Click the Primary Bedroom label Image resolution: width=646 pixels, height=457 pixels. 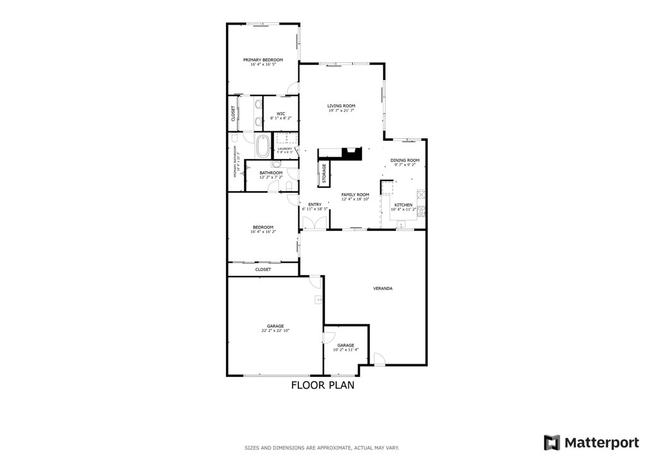pos(263,60)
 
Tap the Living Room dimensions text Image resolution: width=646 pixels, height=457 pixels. pos(341,110)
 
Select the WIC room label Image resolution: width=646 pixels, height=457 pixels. pos(281,114)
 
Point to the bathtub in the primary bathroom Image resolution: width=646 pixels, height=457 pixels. pos(262,146)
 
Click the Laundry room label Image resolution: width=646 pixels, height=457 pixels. pos(285,149)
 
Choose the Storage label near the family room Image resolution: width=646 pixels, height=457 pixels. pos(324,174)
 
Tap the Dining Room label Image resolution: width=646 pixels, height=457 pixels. pos(404,160)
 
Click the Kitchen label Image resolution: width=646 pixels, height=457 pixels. pos(403,205)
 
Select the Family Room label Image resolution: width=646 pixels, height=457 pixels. pos(355,194)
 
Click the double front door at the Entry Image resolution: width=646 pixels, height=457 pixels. pos(314,223)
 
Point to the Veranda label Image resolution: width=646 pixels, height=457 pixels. pos(383,288)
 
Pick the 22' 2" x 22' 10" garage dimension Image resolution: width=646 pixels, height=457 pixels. pos(275,331)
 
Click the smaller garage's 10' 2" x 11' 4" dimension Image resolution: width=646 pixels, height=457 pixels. pos(346,350)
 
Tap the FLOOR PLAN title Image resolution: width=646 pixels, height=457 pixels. pos(322,385)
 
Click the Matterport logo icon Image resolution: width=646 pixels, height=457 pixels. pos(552,442)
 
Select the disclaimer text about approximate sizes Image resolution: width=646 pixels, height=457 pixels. pos(322,448)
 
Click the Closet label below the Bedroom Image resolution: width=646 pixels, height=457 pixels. pos(263,270)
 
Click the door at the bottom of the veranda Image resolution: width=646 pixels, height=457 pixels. pos(379,360)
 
